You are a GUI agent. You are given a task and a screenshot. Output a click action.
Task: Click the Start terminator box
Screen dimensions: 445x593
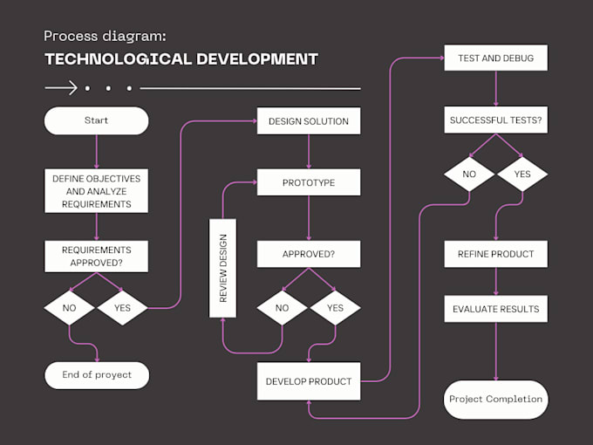coord(96,120)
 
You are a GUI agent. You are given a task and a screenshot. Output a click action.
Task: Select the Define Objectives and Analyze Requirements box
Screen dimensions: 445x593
coord(96,191)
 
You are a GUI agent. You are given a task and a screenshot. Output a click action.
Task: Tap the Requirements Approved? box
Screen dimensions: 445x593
coord(96,255)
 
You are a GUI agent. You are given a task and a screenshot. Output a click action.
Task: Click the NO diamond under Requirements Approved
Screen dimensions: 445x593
coord(70,308)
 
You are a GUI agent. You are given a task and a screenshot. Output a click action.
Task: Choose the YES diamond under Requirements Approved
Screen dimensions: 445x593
coord(122,308)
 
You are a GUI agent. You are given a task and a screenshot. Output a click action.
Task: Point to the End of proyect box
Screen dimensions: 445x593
coord(96,375)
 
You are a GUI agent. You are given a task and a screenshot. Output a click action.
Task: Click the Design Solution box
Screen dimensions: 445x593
coord(308,120)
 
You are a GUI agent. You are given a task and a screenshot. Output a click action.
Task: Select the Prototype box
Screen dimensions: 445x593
coord(308,182)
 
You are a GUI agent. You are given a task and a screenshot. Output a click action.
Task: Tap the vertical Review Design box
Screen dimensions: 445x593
coord(222,268)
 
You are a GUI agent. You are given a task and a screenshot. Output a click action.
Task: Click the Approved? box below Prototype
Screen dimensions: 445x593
coord(308,255)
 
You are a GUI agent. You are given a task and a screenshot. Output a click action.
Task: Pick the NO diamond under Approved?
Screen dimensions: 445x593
coord(282,308)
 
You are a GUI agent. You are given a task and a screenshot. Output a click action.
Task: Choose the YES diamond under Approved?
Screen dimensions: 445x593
coord(335,308)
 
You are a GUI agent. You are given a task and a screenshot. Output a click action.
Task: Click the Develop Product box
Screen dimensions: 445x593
coord(308,381)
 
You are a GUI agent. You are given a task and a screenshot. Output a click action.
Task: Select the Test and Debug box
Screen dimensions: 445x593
coord(495,58)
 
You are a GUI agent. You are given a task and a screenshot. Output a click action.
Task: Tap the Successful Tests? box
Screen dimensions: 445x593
coord(495,120)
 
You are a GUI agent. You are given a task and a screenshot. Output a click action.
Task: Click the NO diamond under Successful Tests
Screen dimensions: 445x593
coord(469,174)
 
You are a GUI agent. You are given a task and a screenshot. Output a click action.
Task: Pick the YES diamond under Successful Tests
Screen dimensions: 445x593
coord(522,174)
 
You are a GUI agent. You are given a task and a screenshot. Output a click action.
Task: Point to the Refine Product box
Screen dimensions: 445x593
coord(495,255)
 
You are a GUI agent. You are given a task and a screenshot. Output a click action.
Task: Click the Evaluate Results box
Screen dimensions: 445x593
coord(495,309)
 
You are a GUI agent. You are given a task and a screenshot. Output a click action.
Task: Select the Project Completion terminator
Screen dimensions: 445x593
coord(495,400)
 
